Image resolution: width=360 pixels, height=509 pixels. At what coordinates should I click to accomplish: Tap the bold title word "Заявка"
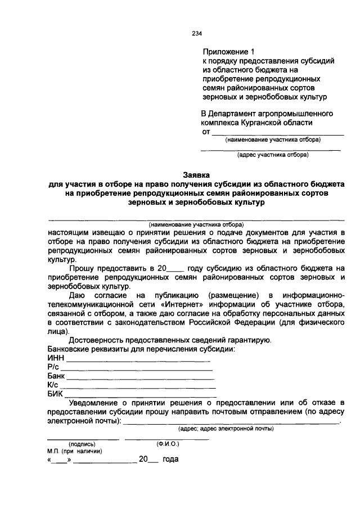(x=196, y=175)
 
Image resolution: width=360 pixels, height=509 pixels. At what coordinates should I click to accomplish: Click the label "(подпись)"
(x=82, y=443)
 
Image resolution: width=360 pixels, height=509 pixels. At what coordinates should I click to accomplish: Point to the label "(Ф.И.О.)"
(x=160, y=443)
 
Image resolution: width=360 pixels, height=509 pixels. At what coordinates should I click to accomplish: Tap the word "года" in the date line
(x=170, y=460)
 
